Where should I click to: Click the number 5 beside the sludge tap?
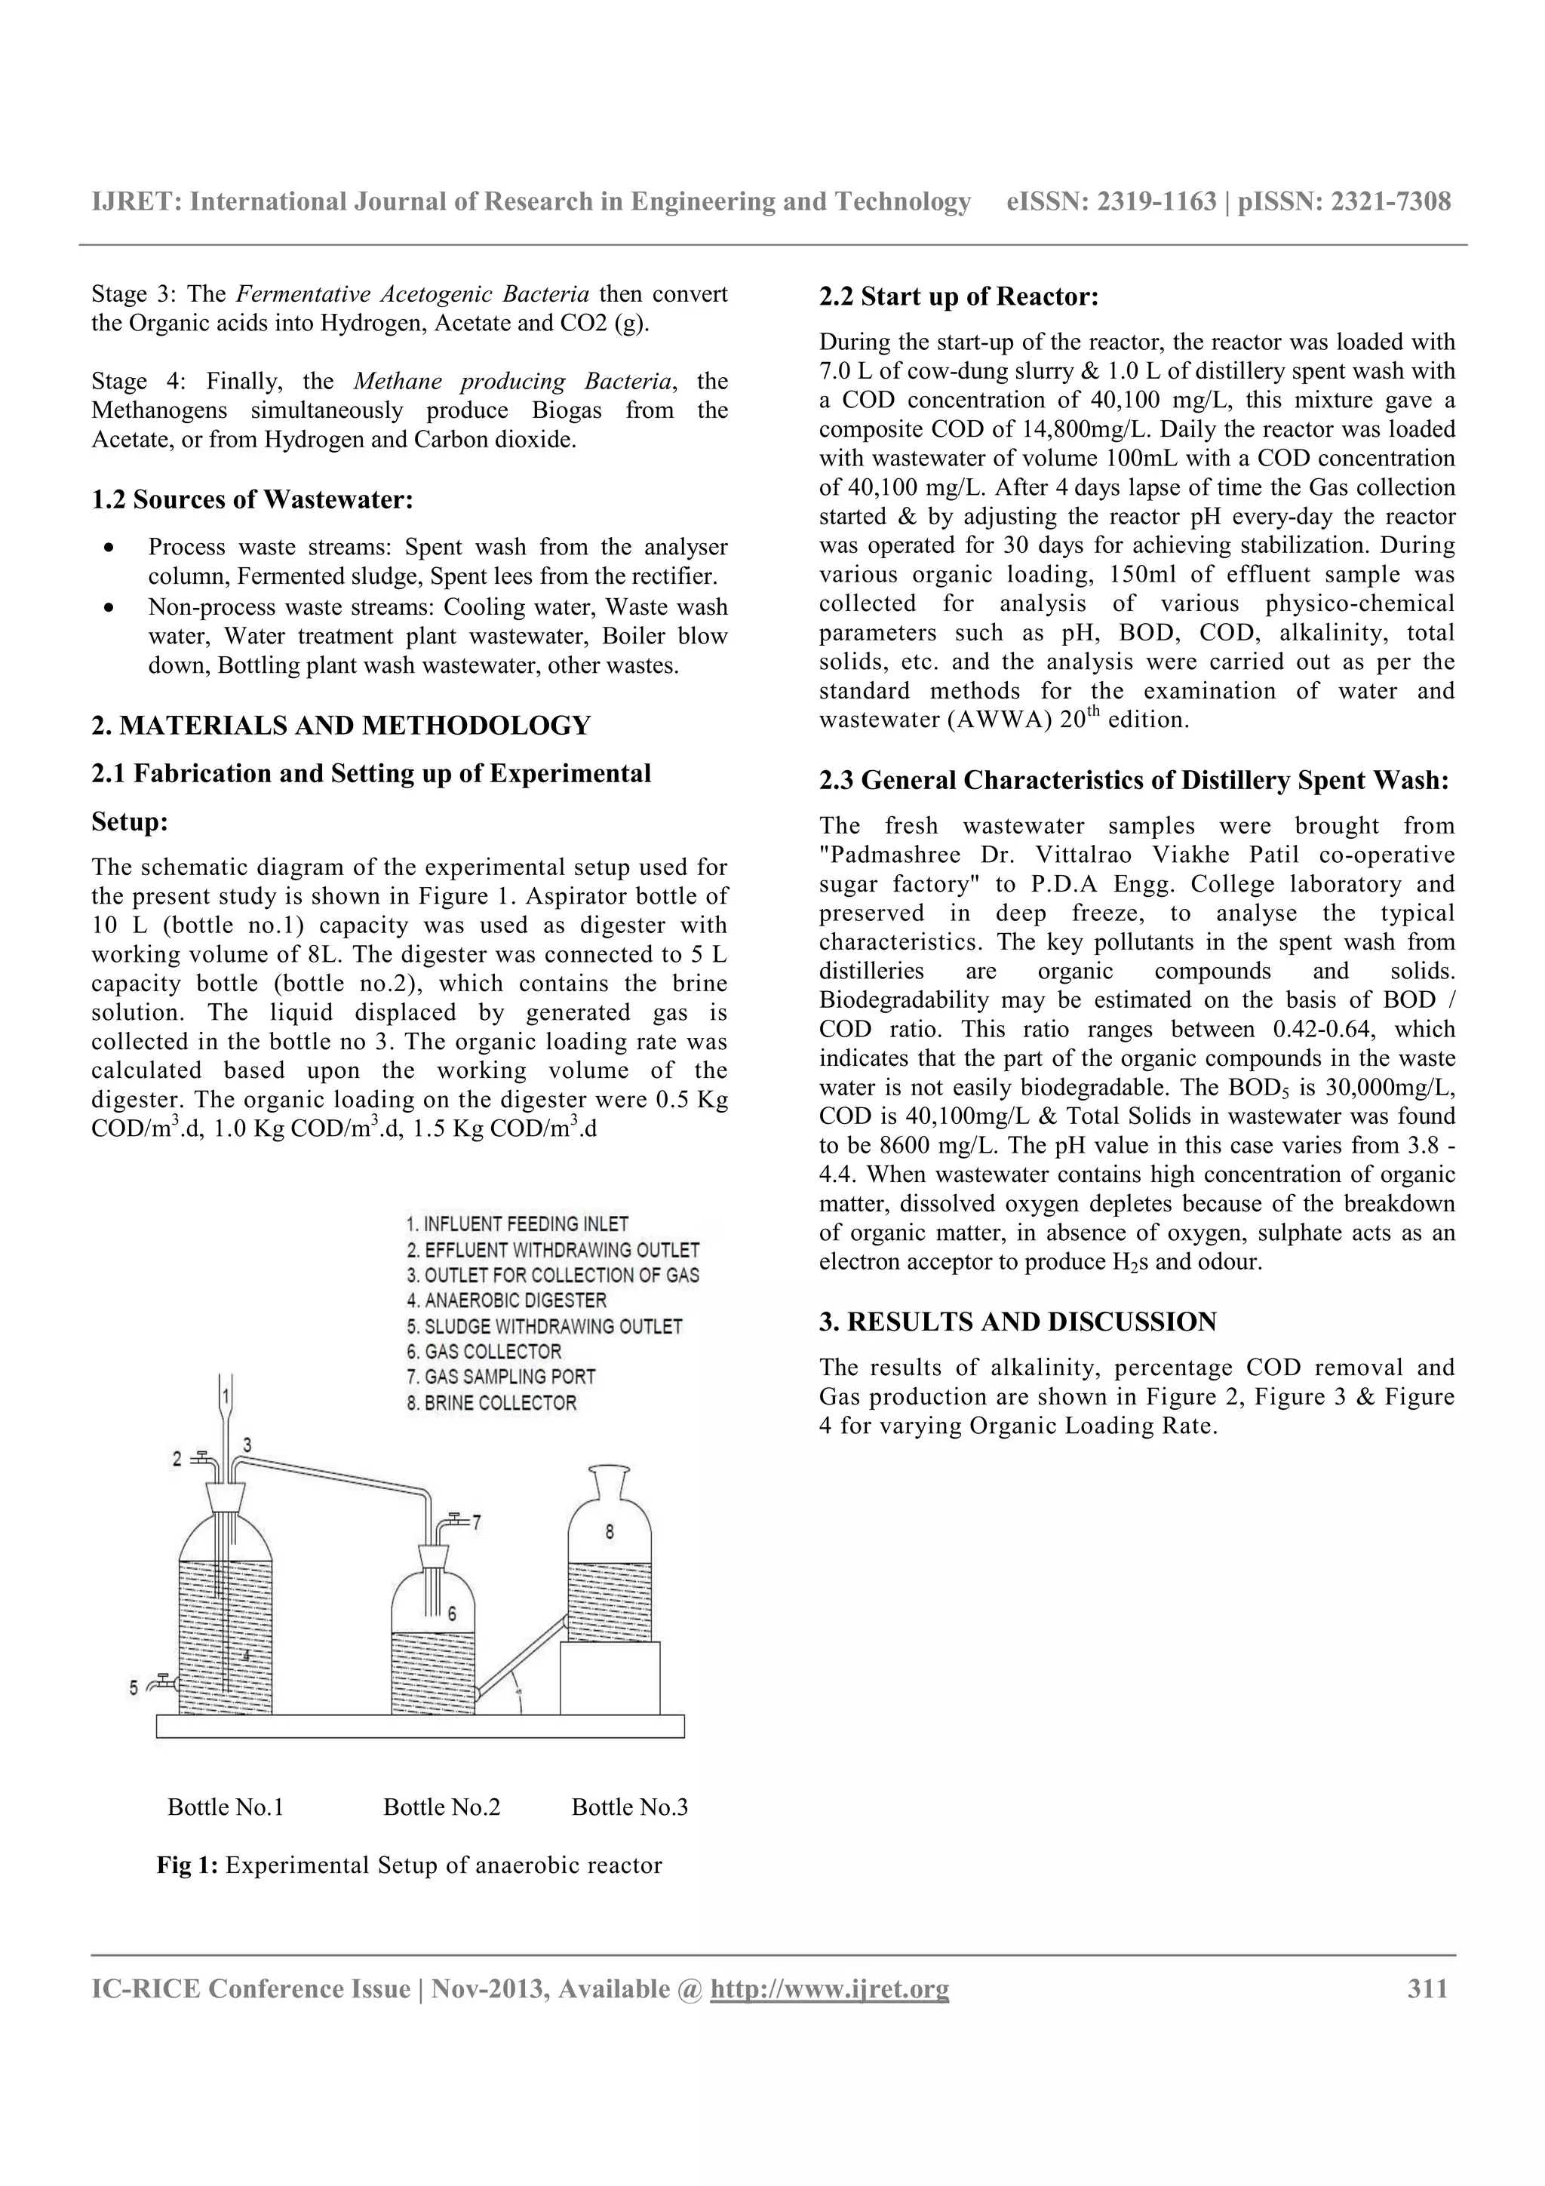click(x=134, y=1687)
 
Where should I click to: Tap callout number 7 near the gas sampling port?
click(x=477, y=1521)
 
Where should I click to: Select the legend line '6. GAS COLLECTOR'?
click(x=484, y=1351)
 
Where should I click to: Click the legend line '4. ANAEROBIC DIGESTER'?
click(x=505, y=1300)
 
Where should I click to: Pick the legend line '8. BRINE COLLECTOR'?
click(x=491, y=1402)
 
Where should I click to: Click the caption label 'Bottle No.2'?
click(x=442, y=1807)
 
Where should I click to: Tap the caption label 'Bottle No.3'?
click(x=629, y=1807)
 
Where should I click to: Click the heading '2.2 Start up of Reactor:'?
click(x=959, y=297)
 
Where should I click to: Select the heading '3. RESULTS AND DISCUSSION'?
click(x=1018, y=1322)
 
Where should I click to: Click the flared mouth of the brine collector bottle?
click(x=610, y=1475)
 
